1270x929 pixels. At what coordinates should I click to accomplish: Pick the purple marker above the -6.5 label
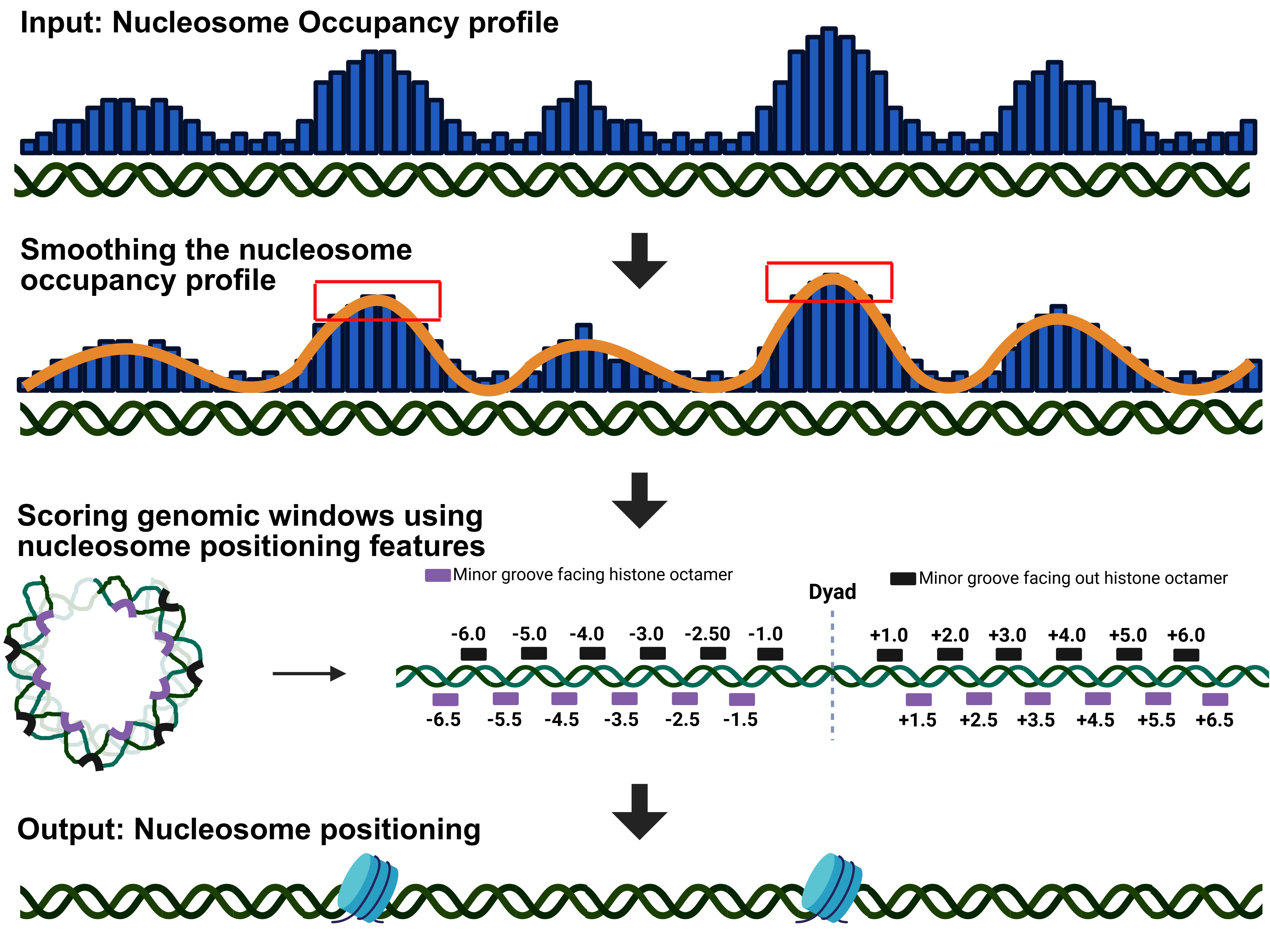(445, 699)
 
